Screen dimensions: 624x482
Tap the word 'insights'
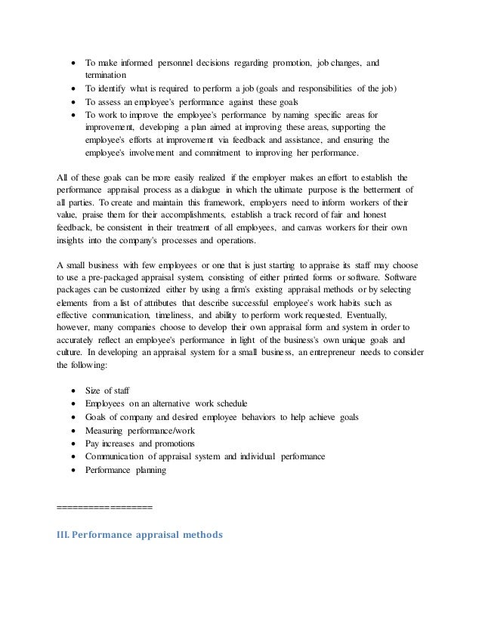click(x=73, y=237)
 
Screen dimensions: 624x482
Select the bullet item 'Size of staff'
click(x=107, y=391)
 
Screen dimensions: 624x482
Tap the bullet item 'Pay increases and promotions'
click(x=139, y=443)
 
